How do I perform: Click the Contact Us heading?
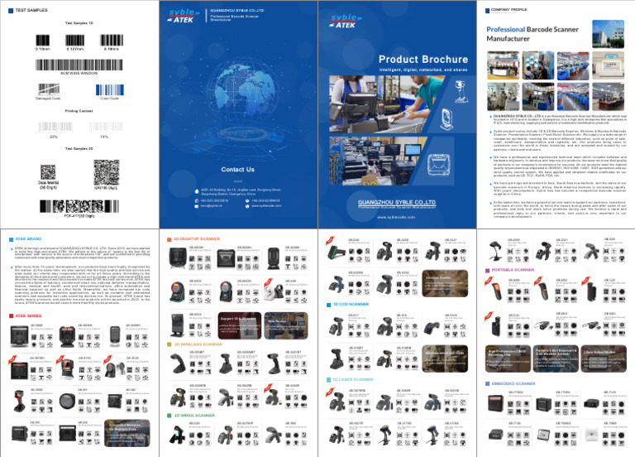(237, 169)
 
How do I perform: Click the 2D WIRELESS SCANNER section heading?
(201, 343)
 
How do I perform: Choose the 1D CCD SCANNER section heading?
(358, 305)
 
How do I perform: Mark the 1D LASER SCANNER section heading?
(360, 379)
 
